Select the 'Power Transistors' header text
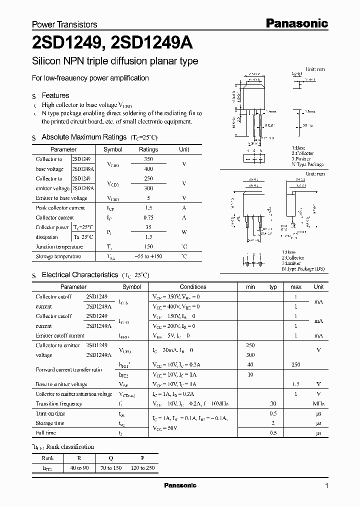[x=64, y=24]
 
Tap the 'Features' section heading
[x=55, y=95]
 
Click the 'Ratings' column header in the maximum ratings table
[x=148, y=149]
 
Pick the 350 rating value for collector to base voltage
[x=148, y=159]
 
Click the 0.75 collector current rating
[x=148, y=217]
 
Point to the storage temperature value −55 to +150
[x=148, y=256]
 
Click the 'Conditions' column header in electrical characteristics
[x=193, y=287]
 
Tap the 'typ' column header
[x=273, y=287]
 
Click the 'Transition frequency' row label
[x=58, y=403]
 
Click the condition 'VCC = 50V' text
[x=165, y=428]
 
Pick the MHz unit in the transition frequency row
[x=318, y=403]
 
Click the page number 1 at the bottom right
[x=327, y=486]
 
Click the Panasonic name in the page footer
[x=180, y=485]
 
